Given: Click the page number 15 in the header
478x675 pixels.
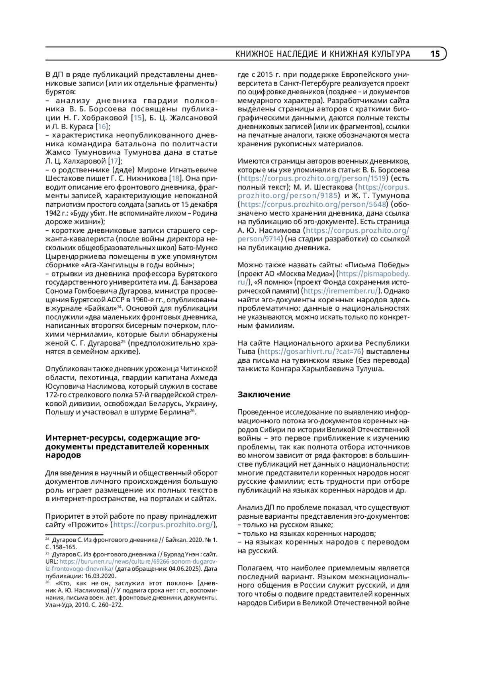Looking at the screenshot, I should pyautogui.click(x=435, y=54).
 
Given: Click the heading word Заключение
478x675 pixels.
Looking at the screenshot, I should pyautogui.click(x=264, y=395).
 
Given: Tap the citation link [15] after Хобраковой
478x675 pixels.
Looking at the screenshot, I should pyautogui.click(x=137, y=118).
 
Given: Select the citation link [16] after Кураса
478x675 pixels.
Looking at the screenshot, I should pyautogui.click(x=102, y=126).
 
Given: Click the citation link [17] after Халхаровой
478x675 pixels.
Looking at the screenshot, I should pyautogui.click(x=114, y=161).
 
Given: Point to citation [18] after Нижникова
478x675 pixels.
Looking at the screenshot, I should pyautogui.click(x=175, y=178).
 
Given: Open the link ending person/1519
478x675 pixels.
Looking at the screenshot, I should pyautogui.click(x=313, y=178).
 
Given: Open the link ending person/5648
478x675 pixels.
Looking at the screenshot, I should pyautogui.click(x=313, y=204).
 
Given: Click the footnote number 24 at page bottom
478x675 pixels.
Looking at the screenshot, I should pyautogui.click(x=47, y=539).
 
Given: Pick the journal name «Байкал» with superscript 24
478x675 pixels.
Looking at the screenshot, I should pyautogui.click(x=102, y=308).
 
